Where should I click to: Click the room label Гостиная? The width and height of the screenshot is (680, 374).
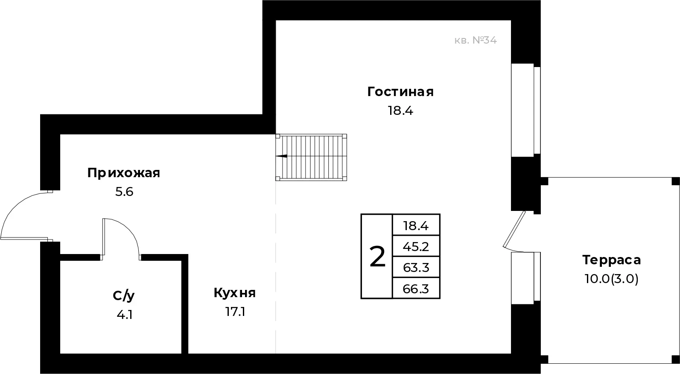pyautogui.click(x=400, y=92)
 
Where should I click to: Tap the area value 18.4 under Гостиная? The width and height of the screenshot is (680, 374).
pyautogui.click(x=400, y=111)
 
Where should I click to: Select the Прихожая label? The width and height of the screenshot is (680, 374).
pyautogui.click(x=123, y=173)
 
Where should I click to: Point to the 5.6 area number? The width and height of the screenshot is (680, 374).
pyautogui.click(x=124, y=192)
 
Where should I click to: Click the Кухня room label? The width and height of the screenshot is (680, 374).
pyautogui.click(x=234, y=293)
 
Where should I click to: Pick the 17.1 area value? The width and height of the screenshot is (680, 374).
pyautogui.click(x=235, y=312)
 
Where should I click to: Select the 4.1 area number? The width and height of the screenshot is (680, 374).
pyautogui.click(x=125, y=315)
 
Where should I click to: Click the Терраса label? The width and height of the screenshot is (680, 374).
pyautogui.click(x=611, y=260)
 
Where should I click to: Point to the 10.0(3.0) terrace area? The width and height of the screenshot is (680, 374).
pyautogui.click(x=611, y=279)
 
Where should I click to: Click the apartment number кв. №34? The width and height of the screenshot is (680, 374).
pyautogui.click(x=476, y=41)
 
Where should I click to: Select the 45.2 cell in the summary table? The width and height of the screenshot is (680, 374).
pyautogui.click(x=416, y=246)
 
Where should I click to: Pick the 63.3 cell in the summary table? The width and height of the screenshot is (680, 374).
pyautogui.click(x=416, y=268)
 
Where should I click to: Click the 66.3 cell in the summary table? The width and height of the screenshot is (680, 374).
pyautogui.click(x=416, y=289)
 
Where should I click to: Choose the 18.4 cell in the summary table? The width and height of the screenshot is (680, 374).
pyautogui.click(x=416, y=225)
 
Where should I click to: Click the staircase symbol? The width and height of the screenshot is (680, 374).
pyautogui.click(x=311, y=157)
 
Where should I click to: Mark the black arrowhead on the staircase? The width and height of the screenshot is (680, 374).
pyautogui.click(x=281, y=156)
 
